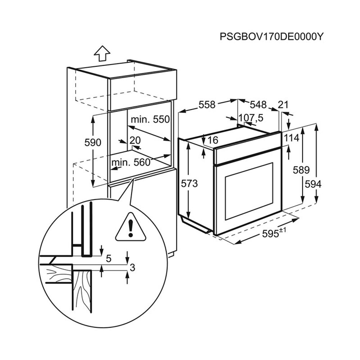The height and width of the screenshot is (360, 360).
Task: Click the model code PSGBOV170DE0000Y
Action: (x=271, y=36)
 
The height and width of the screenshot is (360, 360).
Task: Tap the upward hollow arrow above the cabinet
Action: (x=102, y=54)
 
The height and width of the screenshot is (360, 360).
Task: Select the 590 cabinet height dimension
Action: (x=93, y=143)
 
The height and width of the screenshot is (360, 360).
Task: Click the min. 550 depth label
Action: (x=150, y=120)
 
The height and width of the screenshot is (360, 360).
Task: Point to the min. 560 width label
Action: (x=131, y=163)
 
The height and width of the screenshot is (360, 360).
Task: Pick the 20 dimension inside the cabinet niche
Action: (x=135, y=140)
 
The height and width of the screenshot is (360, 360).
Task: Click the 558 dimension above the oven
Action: (x=207, y=105)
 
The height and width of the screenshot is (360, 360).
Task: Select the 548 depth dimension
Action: (x=258, y=104)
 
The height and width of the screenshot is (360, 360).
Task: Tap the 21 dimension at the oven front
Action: (x=283, y=105)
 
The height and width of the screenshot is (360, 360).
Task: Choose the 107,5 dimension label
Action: (x=251, y=118)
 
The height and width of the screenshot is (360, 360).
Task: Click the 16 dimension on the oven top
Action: (x=213, y=140)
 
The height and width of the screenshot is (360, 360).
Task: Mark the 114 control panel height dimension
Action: (x=292, y=138)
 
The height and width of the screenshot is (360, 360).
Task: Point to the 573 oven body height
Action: (x=189, y=184)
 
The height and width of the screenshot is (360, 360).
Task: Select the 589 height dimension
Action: (x=301, y=170)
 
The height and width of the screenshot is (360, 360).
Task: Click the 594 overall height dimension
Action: (x=313, y=184)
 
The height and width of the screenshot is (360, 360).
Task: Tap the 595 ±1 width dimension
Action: (x=274, y=234)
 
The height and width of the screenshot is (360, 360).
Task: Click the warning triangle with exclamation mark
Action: (x=131, y=227)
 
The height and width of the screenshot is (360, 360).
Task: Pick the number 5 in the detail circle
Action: (x=109, y=259)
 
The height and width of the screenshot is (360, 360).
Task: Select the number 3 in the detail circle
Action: (x=132, y=267)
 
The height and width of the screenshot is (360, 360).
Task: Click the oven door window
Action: (x=249, y=191)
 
